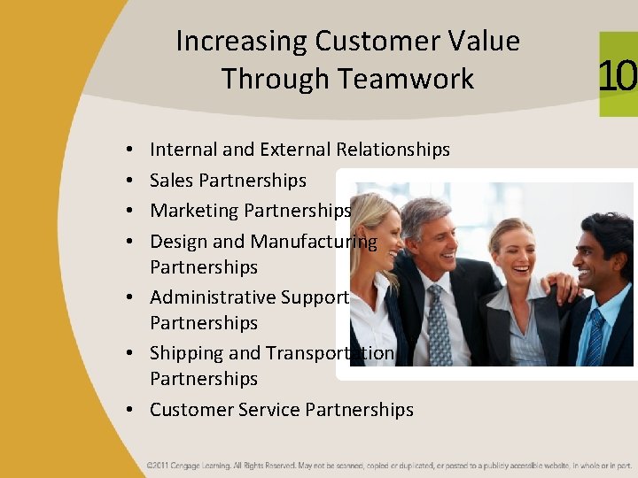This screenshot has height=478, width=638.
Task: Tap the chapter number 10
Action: click(618, 75)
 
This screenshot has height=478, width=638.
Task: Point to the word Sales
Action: click(172, 181)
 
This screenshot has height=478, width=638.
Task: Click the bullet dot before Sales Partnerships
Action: click(129, 181)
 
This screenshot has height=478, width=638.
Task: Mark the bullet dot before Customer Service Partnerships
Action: click(129, 410)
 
